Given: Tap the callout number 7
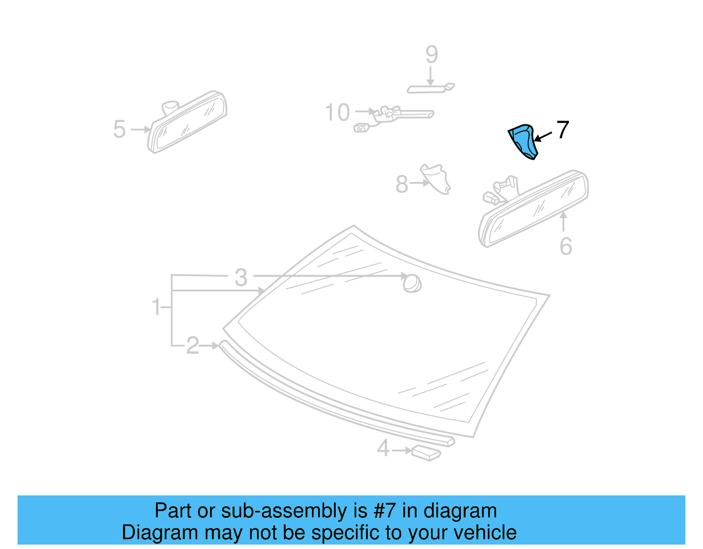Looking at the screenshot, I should point(563,130).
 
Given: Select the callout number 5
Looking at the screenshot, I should point(119,129).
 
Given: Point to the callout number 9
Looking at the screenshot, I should point(431,55).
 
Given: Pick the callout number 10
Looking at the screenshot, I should point(337,113).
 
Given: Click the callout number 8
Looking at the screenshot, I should point(402,184).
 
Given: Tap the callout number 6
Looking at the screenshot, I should point(566,246).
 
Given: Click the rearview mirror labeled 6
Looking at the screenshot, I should point(534,208).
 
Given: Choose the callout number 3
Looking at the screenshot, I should point(241,277).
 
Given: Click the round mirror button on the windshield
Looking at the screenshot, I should point(412,284).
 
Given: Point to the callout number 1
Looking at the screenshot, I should point(156,306).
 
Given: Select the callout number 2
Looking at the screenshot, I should point(192,345).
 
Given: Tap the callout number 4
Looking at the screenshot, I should point(383,448).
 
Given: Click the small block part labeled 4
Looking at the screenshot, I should point(426,452).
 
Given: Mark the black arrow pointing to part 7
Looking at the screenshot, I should point(543,136).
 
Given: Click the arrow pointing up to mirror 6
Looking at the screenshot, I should point(564,221).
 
